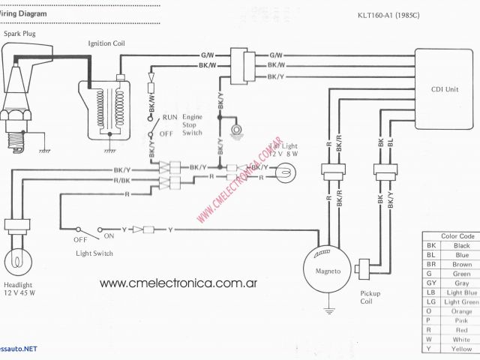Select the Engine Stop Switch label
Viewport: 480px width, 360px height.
(192, 124)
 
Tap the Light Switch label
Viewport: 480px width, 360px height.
(94, 253)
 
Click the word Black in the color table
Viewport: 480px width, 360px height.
(461, 246)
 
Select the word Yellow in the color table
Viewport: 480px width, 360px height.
(461, 349)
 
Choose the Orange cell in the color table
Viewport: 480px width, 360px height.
(461, 311)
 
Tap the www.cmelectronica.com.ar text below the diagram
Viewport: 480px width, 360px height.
(178, 283)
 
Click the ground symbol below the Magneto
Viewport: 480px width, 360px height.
(328, 307)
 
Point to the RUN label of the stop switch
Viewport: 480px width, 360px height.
(170, 118)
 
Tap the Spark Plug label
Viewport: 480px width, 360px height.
(19, 34)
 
